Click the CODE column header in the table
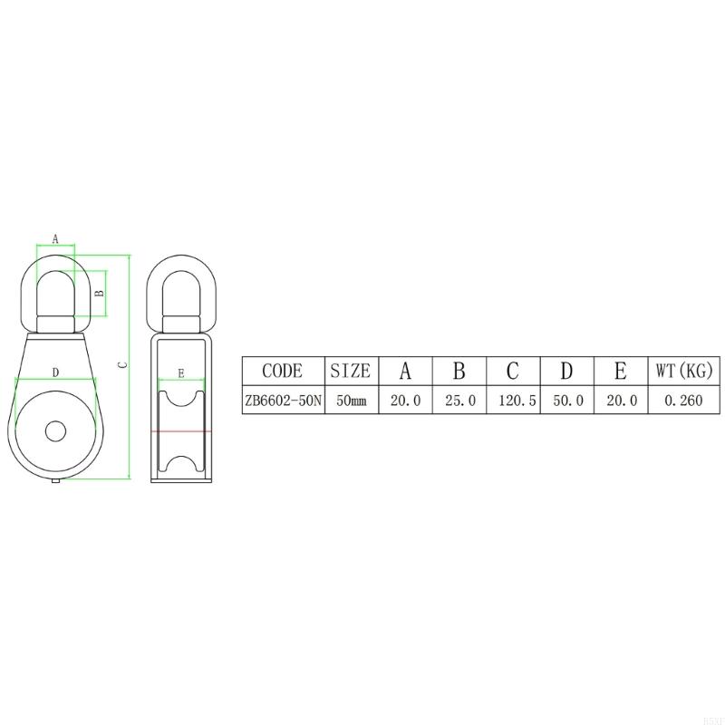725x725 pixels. click(282, 371)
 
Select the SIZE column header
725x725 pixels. click(350, 371)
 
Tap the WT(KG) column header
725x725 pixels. click(685, 371)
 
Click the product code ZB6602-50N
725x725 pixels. click(283, 400)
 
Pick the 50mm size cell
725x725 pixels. click(350, 400)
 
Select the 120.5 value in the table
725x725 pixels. click(512, 400)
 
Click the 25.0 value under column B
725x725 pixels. click(459, 400)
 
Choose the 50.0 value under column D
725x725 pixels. click(566, 400)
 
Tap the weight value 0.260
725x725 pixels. click(684, 400)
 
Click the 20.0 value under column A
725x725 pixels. click(405, 400)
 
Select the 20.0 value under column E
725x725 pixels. click(621, 400)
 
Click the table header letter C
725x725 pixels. click(512, 371)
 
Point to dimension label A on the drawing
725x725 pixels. click(55, 239)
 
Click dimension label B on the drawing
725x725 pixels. click(100, 293)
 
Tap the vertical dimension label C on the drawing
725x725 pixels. click(123, 364)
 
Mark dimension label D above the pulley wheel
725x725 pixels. click(55, 372)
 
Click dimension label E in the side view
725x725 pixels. click(181, 372)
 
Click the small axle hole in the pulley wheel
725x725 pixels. click(55, 430)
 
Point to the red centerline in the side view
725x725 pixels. click(181, 432)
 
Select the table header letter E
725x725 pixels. click(621, 371)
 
